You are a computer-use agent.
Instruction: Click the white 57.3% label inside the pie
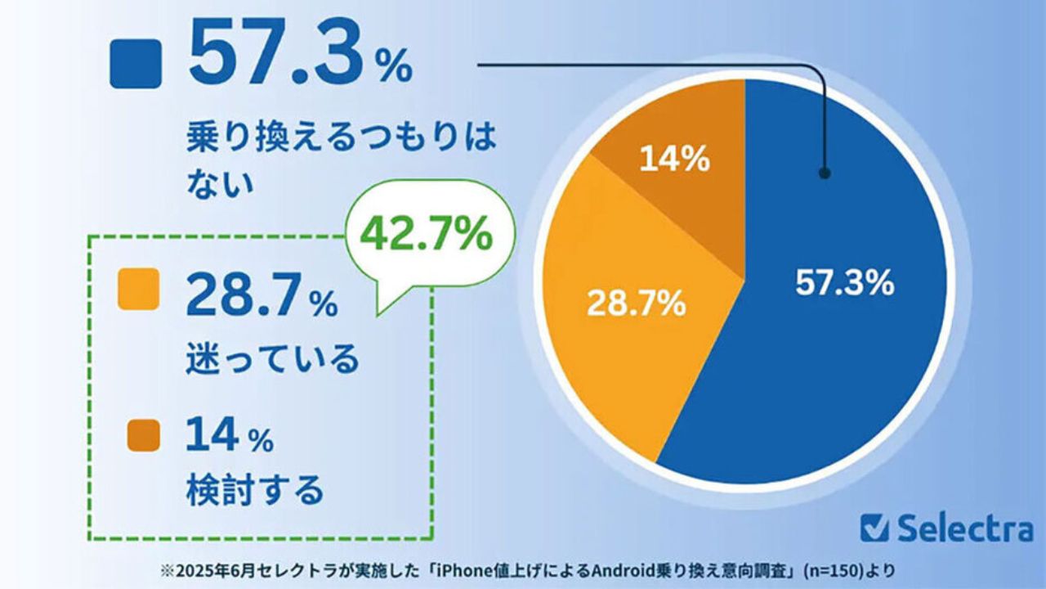click(844, 284)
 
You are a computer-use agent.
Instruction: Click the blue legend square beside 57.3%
click(136, 64)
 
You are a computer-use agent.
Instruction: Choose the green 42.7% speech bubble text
click(427, 236)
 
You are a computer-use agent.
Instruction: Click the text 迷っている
click(273, 357)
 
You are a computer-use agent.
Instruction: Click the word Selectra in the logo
click(965, 528)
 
